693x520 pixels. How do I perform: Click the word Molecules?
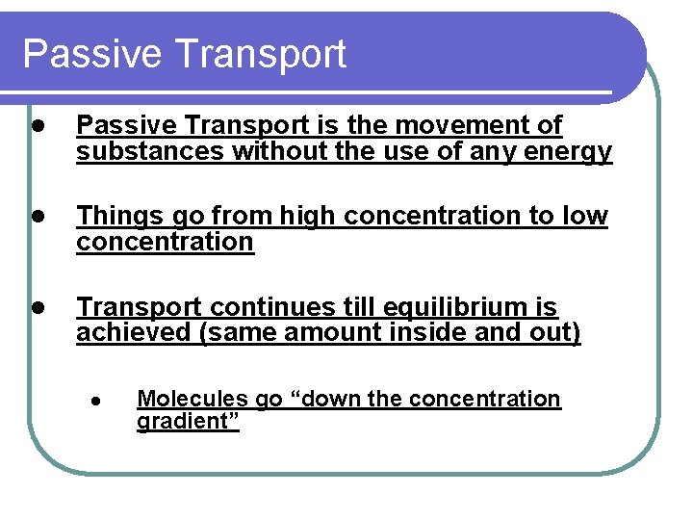pyautogui.click(x=190, y=399)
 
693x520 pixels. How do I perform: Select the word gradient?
pyautogui.click(x=185, y=423)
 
